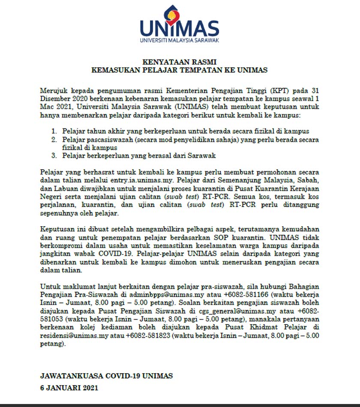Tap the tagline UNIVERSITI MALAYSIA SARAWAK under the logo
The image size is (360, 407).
(x=179, y=41)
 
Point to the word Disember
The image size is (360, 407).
(x=54, y=99)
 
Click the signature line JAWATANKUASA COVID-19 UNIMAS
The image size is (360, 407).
(x=106, y=376)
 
